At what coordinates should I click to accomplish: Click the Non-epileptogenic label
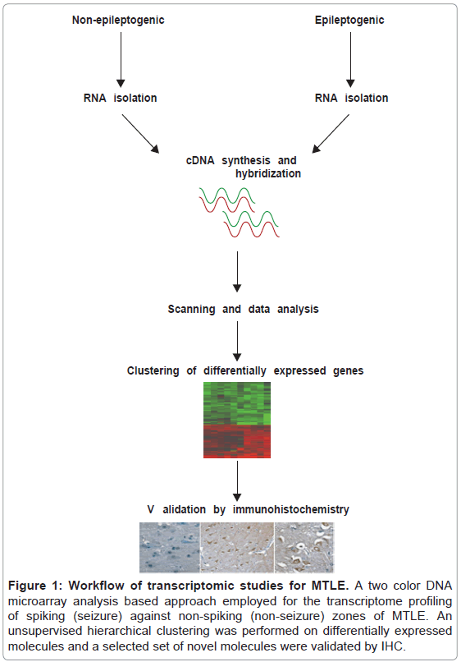point(118,21)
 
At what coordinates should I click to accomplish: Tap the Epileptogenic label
point(349,21)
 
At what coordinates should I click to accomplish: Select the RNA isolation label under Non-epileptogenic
point(121,98)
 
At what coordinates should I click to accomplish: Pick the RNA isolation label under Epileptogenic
point(351,98)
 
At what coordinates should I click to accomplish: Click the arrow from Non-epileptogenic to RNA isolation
point(121,59)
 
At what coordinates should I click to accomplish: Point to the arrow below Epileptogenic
point(350,59)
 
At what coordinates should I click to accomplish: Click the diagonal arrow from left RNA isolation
point(140,133)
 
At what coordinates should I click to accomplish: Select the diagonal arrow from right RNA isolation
point(331,133)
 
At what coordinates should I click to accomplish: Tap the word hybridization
point(268,173)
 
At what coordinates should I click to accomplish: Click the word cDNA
point(200,160)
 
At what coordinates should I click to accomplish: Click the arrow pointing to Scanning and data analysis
point(237,272)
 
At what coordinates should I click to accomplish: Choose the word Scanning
point(191,310)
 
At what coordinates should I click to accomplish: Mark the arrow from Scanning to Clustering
point(237,341)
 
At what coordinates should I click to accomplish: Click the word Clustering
point(153,370)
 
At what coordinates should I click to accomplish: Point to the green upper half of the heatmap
point(237,403)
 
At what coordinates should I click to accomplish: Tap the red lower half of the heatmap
point(237,441)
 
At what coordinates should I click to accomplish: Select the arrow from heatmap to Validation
point(237,480)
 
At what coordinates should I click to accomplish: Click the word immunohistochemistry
point(291,509)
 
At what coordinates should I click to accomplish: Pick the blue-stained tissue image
point(170,547)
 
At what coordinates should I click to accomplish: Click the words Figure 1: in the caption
point(35,586)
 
